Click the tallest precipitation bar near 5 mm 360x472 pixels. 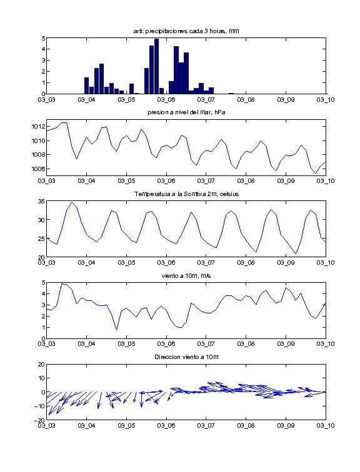click(156, 66)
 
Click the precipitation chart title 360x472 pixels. click(186, 31)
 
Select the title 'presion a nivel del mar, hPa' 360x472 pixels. click(186, 112)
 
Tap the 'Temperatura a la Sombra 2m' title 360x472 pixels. click(186, 194)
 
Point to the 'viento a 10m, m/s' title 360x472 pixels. click(186, 276)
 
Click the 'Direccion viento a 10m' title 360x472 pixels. click(186, 357)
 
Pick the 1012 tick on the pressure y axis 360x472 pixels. click(39, 126)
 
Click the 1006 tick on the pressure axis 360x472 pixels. click(39, 169)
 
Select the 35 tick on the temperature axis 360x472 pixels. click(42, 201)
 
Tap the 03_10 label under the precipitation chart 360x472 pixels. click(326, 100)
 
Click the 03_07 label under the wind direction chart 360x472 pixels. click(206, 426)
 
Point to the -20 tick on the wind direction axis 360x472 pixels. click(41, 420)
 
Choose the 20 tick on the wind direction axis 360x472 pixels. click(42, 364)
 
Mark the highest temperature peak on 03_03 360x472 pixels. click(72, 202)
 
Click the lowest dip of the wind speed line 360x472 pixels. click(117, 330)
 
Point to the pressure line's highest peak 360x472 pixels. click(64, 122)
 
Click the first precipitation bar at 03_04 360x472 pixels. click(86, 86)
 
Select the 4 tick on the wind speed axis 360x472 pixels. click(43, 294)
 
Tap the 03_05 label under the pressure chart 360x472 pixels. click(126, 181)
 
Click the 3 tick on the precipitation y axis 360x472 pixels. click(43, 60)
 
